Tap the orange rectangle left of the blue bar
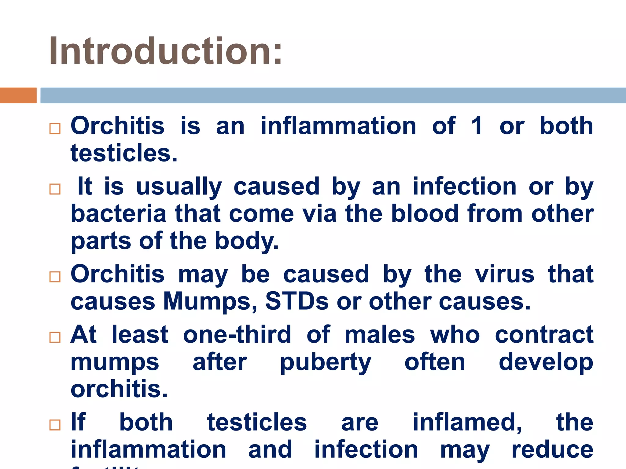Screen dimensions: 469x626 (18, 95)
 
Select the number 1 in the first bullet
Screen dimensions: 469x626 (477, 126)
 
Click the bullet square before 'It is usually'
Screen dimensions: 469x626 (55, 189)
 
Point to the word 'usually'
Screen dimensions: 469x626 (179, 187)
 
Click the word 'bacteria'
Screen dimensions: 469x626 (118, 214)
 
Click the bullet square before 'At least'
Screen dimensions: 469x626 (55, 337)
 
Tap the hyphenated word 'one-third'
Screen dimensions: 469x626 (237, 335)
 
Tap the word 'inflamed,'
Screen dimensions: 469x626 (467, 423)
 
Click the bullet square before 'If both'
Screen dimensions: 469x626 (55, 425)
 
